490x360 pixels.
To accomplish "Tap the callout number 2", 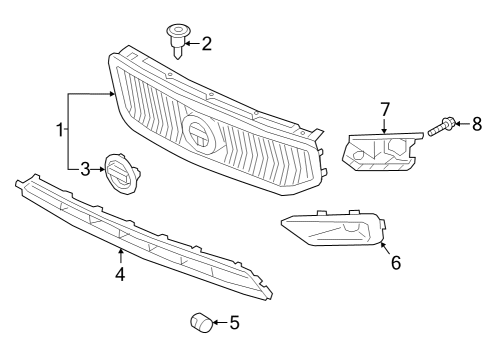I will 207,43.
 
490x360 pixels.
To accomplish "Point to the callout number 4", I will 120,273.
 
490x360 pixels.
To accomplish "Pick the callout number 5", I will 234,323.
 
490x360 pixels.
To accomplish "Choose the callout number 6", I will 396,263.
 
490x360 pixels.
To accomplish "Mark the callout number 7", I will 384,109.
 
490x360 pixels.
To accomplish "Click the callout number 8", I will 477,124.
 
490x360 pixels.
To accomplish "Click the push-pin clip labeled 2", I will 177,41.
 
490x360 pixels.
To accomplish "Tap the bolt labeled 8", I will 441,127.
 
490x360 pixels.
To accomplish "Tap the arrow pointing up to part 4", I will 120,256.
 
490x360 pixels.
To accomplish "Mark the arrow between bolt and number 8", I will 462,125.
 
